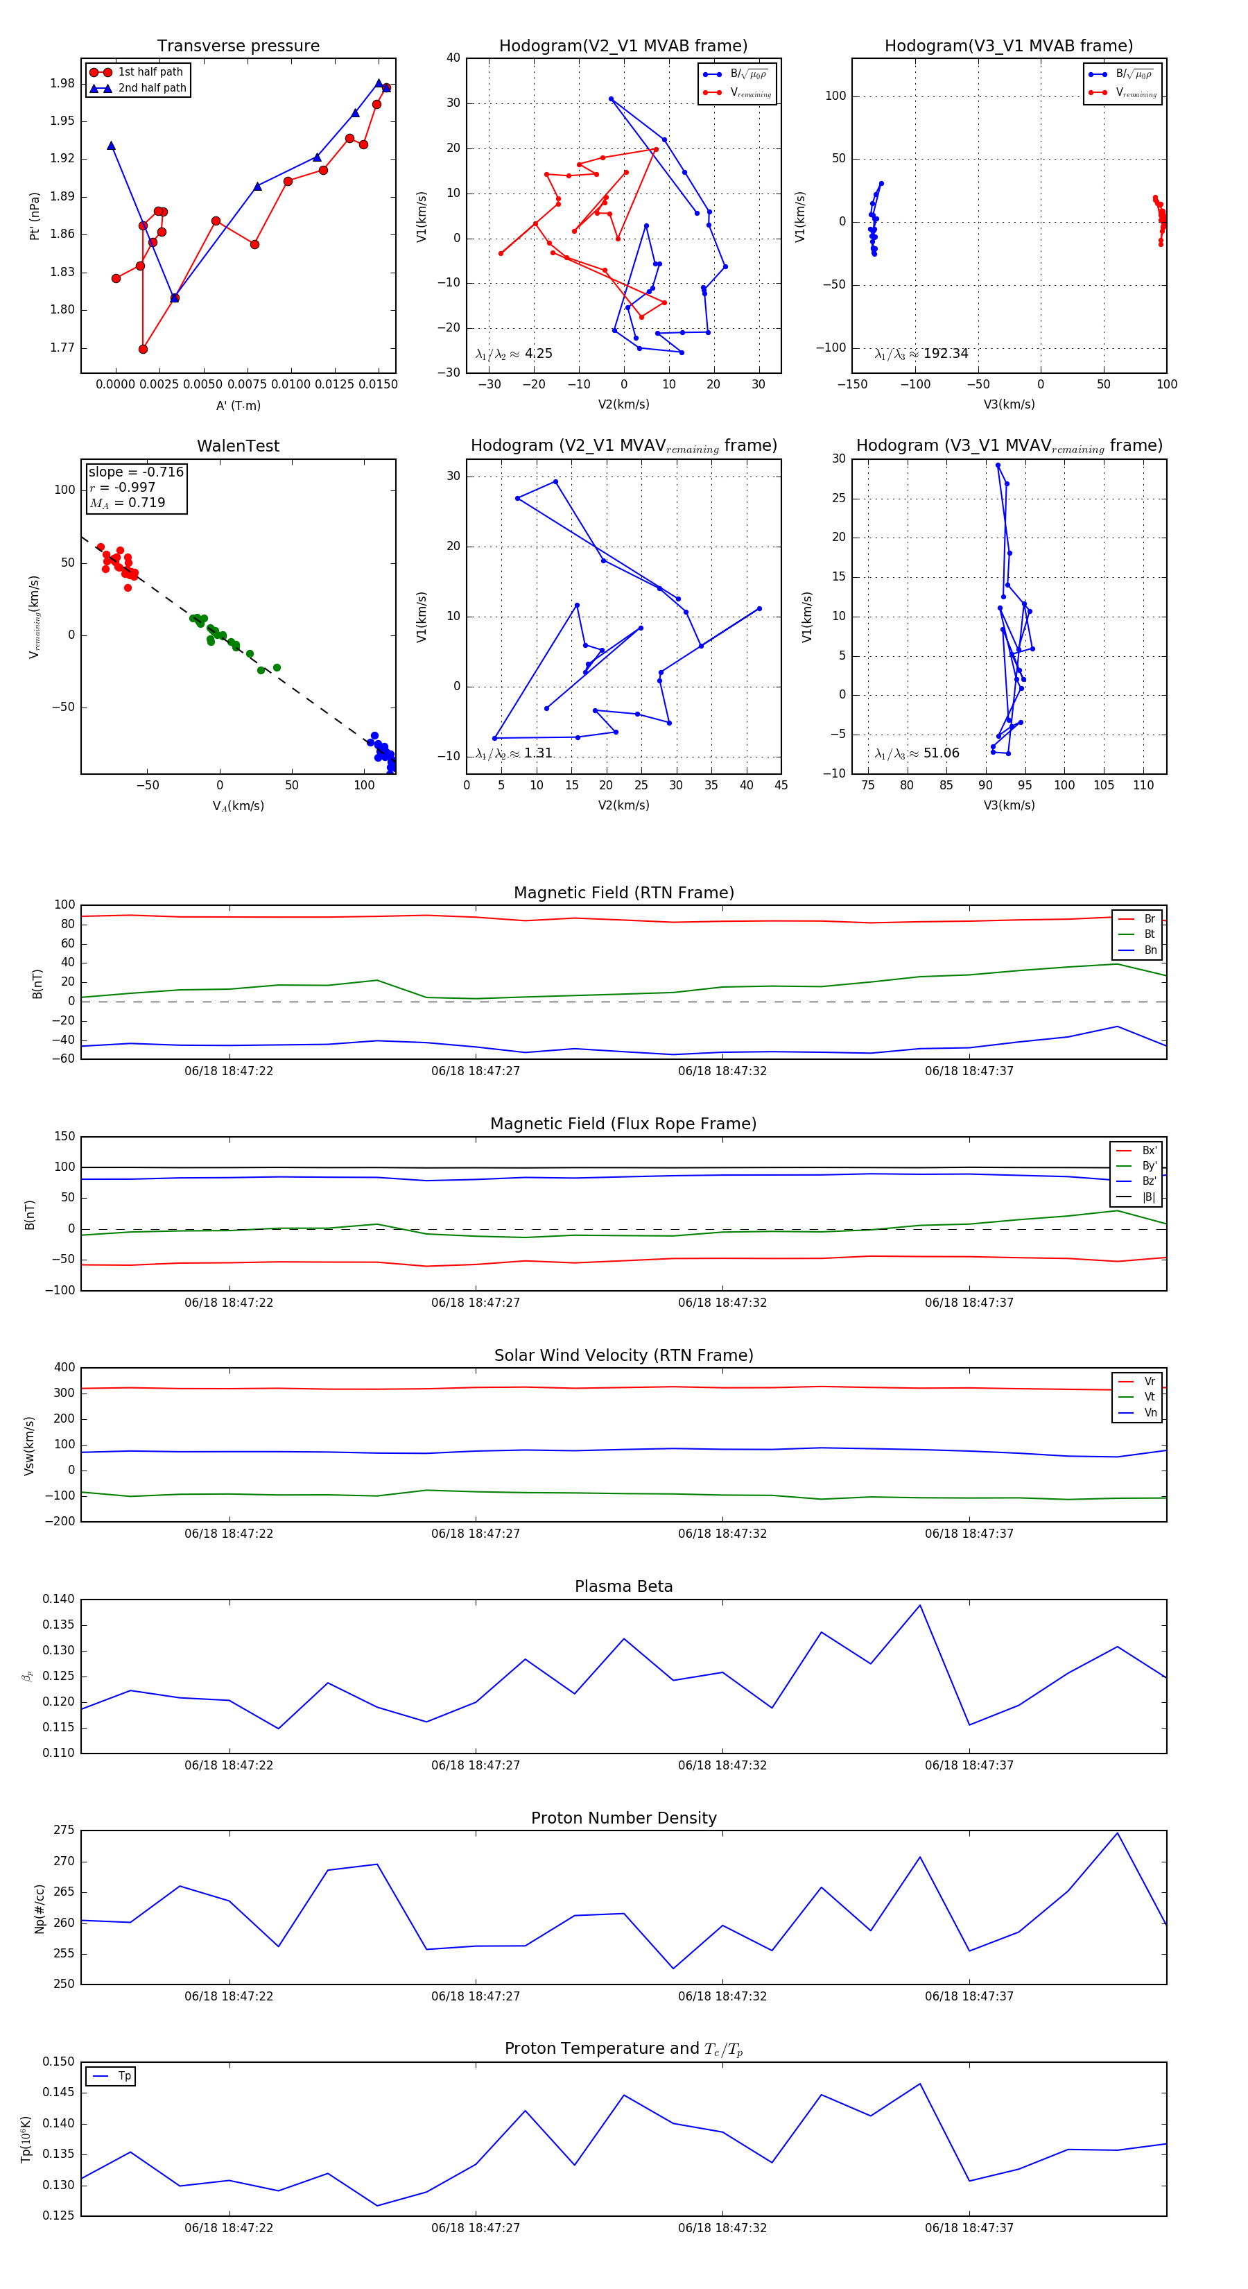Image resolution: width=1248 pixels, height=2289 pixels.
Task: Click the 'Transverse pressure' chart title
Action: coord(238,46)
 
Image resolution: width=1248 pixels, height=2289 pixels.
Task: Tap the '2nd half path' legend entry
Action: coord(152,88)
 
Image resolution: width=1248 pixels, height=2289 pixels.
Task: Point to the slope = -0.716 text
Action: coord(136,472)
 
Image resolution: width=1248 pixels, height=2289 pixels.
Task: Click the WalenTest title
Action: coord(238,446)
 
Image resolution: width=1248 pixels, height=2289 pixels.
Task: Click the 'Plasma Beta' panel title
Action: coord(623,1586)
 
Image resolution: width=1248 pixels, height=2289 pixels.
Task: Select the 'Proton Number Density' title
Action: coord(623,1817)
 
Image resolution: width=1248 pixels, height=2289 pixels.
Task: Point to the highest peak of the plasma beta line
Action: coord(919,1605)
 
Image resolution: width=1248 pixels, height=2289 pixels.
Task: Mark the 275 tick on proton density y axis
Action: coord(64,1831)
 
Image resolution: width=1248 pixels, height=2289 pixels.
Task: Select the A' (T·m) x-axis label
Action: coord(238,405)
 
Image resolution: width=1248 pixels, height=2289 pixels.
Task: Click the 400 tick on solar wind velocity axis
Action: coord(64,1368)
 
